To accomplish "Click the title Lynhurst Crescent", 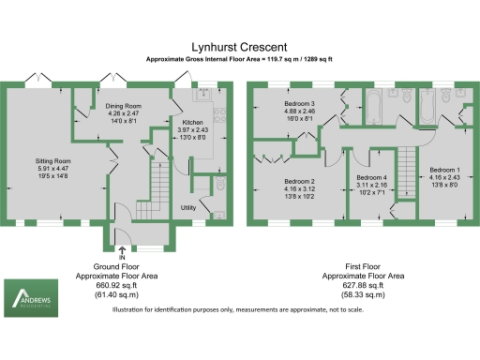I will (x=240, y=44).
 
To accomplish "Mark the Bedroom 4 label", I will (x=372, y=179).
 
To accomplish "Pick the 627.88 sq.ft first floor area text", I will (x=363, y=285).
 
